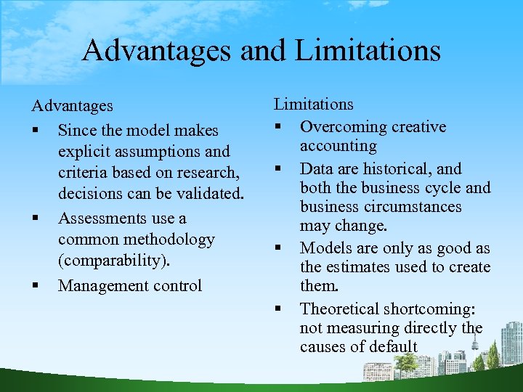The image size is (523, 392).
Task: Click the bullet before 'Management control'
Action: point(35,285)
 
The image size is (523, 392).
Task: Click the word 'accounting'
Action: point(338,146)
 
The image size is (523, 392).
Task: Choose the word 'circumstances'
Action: point(418,207)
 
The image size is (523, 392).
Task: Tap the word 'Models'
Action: point(326,248)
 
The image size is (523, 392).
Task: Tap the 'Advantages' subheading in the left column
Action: point(72,106)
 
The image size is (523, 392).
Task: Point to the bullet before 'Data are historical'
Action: point(277,169)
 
